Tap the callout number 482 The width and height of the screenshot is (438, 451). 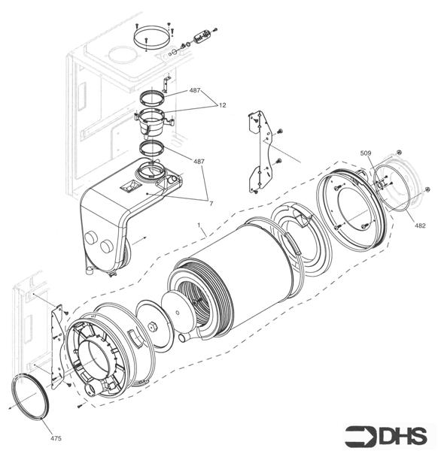pos(420,225)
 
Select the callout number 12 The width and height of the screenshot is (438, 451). pos(223,106)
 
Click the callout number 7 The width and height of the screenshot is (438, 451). pos(211,203)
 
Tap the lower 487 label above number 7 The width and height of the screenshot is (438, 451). pos(199,162)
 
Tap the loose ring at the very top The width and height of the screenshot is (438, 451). pos(154,36)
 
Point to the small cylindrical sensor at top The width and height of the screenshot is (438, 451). pos(201,37)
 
